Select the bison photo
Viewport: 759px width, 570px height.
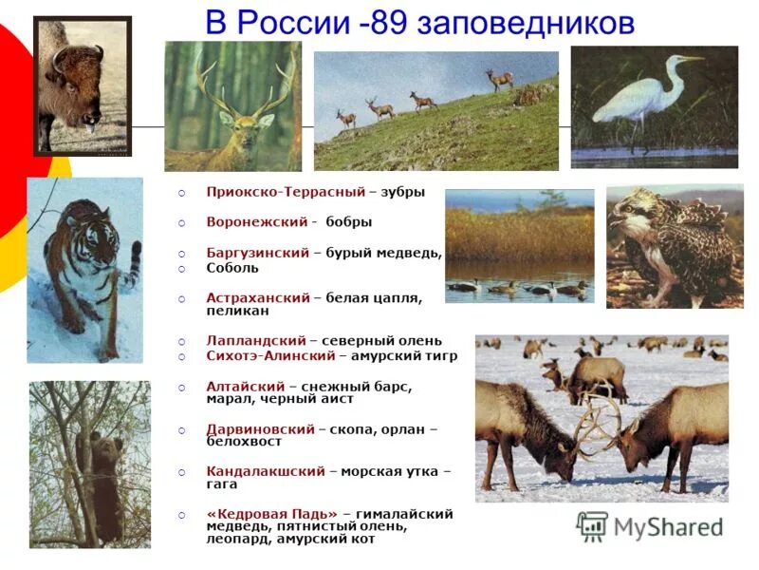click(x=83, y=85)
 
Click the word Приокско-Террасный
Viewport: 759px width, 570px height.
click(x=286, y=192)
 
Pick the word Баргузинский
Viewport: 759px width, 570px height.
click(x=258, y=253)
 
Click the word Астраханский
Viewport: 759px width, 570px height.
click(x=258, y=297)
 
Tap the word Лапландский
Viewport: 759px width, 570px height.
click(x=256, y=340)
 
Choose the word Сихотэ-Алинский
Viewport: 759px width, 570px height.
click(x=270, y=356)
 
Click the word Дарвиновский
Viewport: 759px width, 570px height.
click(x=260, y=429)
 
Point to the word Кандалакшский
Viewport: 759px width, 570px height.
click(x=266, y=471)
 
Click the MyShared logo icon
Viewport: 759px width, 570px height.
click(x=592, y=525)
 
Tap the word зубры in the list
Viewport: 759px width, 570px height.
click(x=403, y=192)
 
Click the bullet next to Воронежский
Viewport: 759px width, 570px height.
click(x=182, y=223)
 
